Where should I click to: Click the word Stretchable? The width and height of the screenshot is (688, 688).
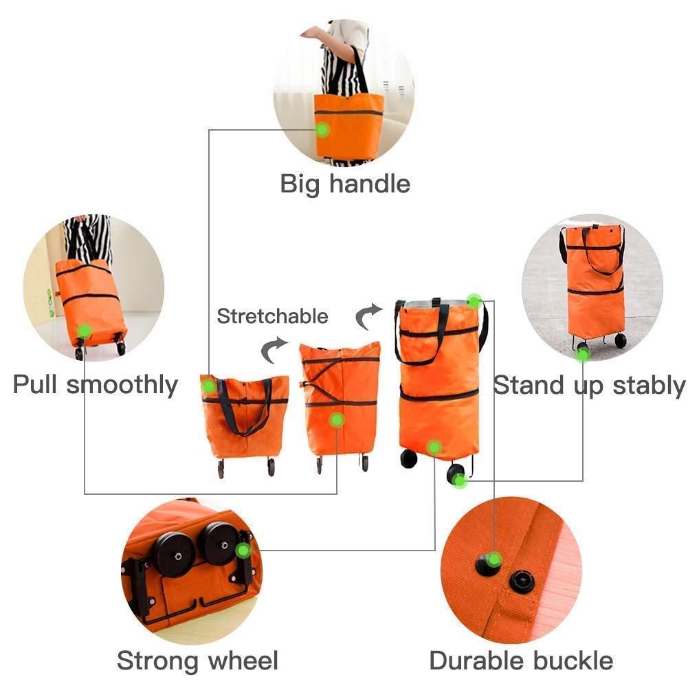coord(272,317)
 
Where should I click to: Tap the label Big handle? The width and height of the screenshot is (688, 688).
coord(345,184)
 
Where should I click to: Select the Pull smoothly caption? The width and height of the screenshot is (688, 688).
coord(96,384)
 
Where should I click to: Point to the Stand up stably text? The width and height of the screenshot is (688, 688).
coord(589,386)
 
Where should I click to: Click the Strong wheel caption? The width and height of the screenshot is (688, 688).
coord(197,661)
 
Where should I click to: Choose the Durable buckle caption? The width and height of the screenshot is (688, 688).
coord(521,661)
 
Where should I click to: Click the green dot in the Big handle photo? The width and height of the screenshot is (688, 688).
coord(322,129)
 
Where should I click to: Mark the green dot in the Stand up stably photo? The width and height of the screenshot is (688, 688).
coord(582,355)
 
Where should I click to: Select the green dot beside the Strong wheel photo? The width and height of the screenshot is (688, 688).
coord(242,551)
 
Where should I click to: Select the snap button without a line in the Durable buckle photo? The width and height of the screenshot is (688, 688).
coord(522,582)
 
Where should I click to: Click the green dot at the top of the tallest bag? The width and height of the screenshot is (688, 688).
coord(474,301)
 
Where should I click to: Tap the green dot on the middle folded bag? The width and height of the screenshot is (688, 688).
coord(336,419)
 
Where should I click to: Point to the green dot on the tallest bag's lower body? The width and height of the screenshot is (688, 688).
coord(434,447)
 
